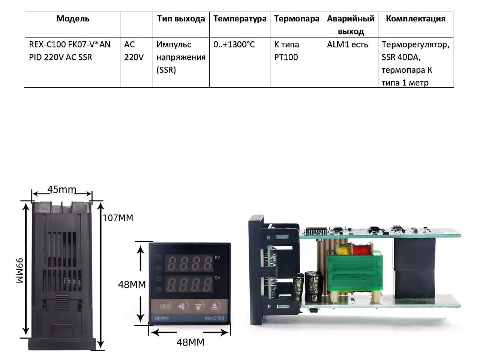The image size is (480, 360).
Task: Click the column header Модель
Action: (73, 19)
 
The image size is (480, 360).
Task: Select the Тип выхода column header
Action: (181, 19)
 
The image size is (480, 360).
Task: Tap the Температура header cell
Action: (240, 19)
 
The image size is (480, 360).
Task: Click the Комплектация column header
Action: (415, 19)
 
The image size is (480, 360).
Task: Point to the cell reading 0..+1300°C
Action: (234, 45)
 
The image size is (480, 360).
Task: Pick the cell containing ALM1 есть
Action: (347, 45)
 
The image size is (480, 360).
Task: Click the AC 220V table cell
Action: (134, 51)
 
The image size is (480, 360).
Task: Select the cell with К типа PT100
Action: (286, 51)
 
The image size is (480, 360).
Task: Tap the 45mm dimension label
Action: (61, 189)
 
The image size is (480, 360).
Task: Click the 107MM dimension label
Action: (118, 218)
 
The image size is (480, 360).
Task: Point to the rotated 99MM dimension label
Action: (20, 270)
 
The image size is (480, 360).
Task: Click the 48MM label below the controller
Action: (190, 342)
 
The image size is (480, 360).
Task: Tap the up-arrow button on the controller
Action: (214, 306)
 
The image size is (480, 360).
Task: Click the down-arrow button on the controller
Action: (198, 306)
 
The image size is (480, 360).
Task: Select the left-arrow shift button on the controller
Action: (181, 306)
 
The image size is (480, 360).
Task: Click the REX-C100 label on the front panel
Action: (214, 319)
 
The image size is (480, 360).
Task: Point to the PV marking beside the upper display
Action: (217, 257)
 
